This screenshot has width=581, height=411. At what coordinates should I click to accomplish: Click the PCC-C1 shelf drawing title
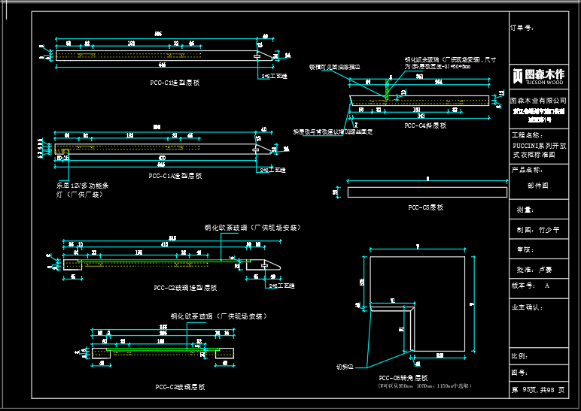pos(175,83)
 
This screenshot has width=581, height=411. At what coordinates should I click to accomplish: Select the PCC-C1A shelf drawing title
pos(175,176)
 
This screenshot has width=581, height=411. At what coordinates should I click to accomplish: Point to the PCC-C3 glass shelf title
pos(180,386)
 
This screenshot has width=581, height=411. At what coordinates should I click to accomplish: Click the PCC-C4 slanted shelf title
pos(425,126)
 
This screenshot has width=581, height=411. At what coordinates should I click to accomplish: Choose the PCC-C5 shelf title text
pos(425,207)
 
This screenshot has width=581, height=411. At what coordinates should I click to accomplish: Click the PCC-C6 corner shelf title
pos(403,377)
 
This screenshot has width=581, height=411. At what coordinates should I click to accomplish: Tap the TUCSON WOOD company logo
pos(538,76)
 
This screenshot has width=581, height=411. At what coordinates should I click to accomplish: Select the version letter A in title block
pos(547,286)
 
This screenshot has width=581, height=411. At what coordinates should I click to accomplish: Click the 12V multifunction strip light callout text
pos(78,189)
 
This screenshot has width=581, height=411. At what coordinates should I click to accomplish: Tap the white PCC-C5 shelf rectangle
pos(427,192)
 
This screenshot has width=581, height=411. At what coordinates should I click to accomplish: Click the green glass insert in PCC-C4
pos(388,88)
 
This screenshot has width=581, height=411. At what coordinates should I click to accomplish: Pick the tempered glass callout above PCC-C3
pos(218,316)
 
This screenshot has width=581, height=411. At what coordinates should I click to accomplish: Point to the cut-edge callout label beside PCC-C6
pos(345,367)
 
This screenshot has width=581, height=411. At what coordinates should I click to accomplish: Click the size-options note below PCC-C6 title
pos(424,385)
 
